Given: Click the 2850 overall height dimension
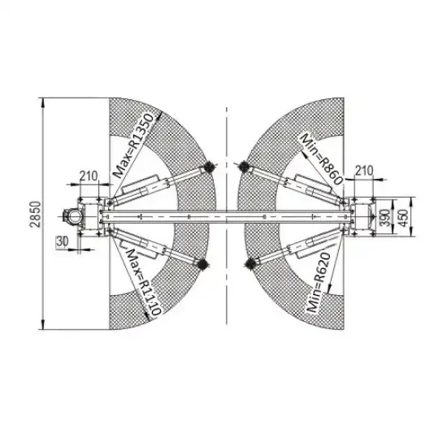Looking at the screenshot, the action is click(36, 214).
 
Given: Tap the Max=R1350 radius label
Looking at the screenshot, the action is click(134, 145).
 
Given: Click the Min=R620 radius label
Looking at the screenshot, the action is click(319, 282).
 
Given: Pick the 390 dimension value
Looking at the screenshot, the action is click(386, 217).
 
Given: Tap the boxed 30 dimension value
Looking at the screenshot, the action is click(62, 241).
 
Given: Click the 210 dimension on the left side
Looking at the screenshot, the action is click(89, 176).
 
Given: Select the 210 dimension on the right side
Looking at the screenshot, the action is click(364, 171).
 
